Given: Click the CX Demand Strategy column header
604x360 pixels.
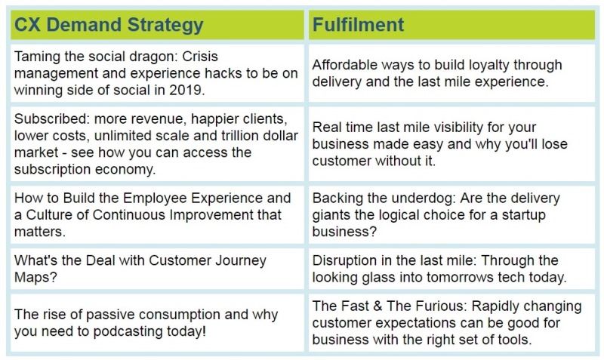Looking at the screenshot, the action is (109, 25).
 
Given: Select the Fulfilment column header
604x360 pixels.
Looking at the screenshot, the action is (358, 25).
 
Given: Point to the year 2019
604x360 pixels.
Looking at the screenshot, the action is (186, 90).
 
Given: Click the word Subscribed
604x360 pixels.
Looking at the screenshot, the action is (51, 118).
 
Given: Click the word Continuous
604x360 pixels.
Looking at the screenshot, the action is (129, 215).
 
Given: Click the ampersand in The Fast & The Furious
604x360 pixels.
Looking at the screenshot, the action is (377, 306).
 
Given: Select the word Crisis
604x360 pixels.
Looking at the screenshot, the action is (200, 57).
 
